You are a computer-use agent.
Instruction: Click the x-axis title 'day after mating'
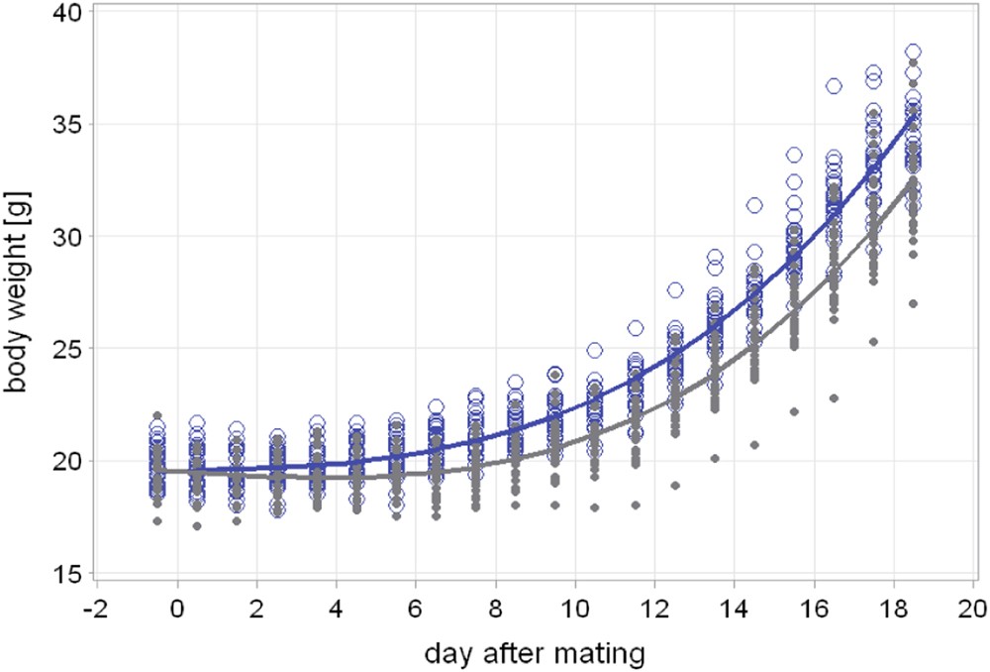click(536, 652)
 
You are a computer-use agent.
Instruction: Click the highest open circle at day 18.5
click(913, 52)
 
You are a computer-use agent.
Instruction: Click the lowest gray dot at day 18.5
click(913, 303)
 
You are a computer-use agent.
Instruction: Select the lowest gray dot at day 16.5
click(834, 398)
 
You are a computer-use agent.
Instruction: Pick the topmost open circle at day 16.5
click(834, 86)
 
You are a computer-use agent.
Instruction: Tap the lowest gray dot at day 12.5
click(674, 486)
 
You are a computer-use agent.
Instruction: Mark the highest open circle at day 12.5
click(674, 289)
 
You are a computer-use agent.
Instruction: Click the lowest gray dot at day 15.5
click(794, 411)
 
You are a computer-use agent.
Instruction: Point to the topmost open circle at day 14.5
click(754, 205)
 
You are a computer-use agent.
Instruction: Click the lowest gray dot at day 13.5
click(714, 458)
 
